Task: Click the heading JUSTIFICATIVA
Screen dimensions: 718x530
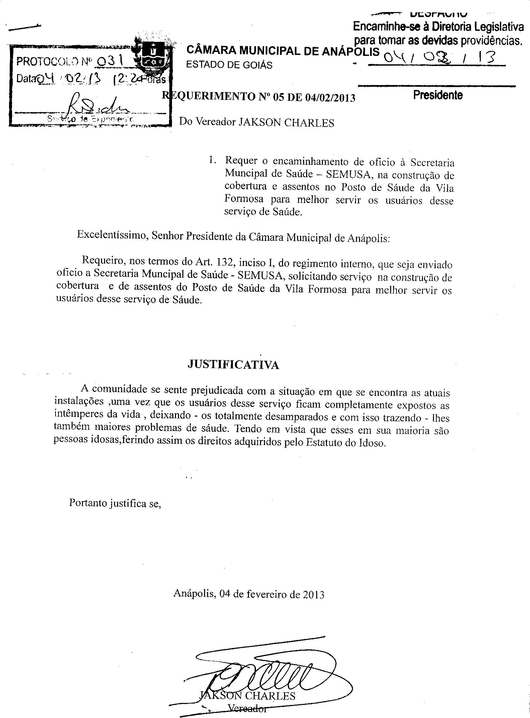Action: click(233, 365)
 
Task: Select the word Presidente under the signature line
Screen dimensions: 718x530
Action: click(438, 95)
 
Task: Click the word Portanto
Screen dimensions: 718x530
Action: click(87, 503)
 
